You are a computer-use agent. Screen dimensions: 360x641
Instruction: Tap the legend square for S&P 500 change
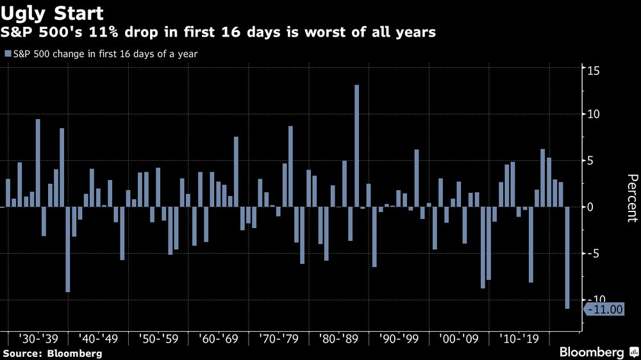coord(8,54)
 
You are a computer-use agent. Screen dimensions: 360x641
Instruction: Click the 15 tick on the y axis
coord(594,70)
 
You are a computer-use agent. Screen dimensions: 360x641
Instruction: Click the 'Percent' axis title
coord(631,198)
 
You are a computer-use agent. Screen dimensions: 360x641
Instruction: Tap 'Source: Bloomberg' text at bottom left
coord(52,353)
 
